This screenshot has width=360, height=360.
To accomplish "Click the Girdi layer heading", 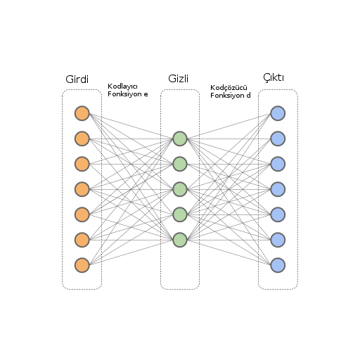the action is pyautogui.click(x=77, y=79).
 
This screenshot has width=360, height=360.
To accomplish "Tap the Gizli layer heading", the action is pyautogui.click(x=179, y=79).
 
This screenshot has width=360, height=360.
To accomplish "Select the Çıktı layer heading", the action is pyautogui.click(x=274, y=77).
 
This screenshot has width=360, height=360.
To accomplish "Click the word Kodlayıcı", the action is pyautogui.click(x=122, y=86).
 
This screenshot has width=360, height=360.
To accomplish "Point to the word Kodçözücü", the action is pyautogui.click(x=229, y=88).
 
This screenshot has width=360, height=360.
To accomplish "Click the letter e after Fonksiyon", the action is pyautogui.click(x=146, y=94).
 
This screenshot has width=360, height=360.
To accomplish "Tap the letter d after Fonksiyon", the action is pyautogui.click(x=248, y=96).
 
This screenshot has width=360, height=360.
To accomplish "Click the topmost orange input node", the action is pyautogui.click(x=82, y=113).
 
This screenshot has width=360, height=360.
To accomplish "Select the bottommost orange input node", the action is pyautogui.click(x=82, y=265).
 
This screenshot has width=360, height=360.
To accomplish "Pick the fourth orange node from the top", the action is pyautogui.click(x=82, y=189).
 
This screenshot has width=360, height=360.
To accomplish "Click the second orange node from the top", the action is pyautogui.click(x=82, y=139).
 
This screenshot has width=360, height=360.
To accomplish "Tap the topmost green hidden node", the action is pyautogui.click(x=180, y=139).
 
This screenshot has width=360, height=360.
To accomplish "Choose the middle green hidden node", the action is pyautogui.click(x=180, y=189).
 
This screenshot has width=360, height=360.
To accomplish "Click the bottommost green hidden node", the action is pyautogui.click(x=180, y=240).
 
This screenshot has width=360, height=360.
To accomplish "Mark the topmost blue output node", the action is pyautogui.click(x=278, y=113).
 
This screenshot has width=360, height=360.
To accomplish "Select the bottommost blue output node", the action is pyautogui.click(x=278, y=265).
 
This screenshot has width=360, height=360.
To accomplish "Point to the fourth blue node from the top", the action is pyautogui.click(x=278, y=189).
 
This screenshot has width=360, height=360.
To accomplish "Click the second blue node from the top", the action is pyautogui.click(x=278, y=139).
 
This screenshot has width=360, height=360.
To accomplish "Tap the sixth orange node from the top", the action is pyautogui.click(x=82, y=240).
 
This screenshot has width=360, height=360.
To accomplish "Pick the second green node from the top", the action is pyautogui.click(x=180, y=164).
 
